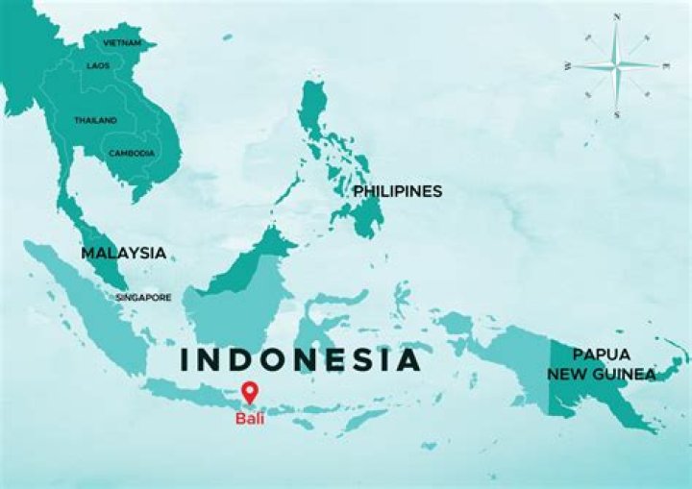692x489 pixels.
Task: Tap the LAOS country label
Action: click(98, 65)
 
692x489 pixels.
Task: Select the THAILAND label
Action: click(95, 120)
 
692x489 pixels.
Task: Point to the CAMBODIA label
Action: click(131, 153)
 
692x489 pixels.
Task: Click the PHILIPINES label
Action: click(397, 191)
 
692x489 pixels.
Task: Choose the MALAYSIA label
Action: click(123, 253)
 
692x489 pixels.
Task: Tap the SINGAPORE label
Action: click(143, 297)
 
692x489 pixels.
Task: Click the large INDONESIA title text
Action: click(301, 359)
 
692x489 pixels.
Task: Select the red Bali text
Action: click(250, 418)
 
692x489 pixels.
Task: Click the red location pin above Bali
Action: click(250, 392)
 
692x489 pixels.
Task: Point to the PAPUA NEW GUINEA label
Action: click(602, 364)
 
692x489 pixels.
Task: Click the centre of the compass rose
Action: click(616, 65)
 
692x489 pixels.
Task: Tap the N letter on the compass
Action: click(616, 16)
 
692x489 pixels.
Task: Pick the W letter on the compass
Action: click(568, 66)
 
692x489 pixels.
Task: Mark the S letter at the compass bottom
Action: click(616, 114)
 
